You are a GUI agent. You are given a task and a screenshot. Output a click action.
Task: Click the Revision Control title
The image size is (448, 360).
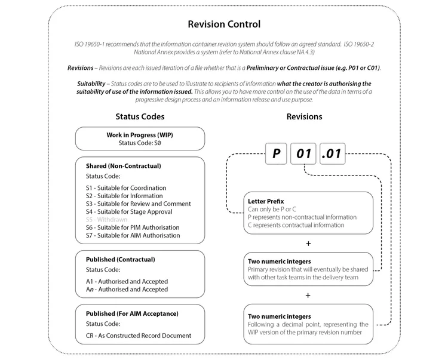pos(224,24)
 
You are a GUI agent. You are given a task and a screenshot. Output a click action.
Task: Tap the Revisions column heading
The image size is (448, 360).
pos(305,116)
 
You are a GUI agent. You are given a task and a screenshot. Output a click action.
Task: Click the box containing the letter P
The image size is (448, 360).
pos(276,154)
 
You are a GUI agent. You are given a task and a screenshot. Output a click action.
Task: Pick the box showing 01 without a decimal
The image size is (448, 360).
pos(304,154)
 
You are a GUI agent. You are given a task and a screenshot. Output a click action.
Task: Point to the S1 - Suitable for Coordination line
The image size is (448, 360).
pos(126,188)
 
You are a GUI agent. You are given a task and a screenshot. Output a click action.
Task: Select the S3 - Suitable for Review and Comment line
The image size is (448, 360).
pos(138,204)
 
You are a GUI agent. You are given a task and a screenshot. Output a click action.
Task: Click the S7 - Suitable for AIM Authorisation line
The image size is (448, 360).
pos(133,235)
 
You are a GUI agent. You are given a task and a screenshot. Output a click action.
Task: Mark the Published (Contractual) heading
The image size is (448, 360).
pos(120,260)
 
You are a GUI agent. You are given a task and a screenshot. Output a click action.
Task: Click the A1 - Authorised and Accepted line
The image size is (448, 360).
pos(127,281)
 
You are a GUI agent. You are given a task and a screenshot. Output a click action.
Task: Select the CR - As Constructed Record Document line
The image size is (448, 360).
pos(138,335)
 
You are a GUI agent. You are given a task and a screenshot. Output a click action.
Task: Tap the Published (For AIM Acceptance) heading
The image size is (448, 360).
pos(132,313)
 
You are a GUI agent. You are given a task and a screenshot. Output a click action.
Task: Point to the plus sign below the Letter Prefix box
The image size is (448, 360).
pos(308,243)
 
